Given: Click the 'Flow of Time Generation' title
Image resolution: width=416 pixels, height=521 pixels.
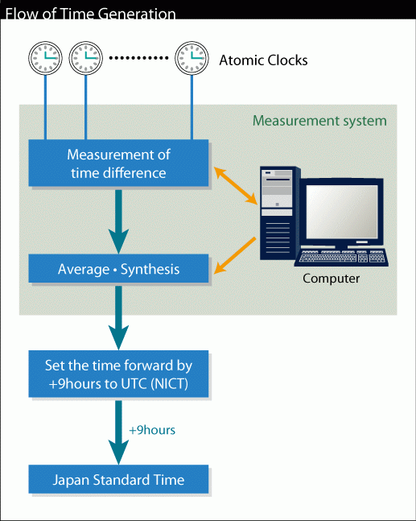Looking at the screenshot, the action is pyautogui.click(x=90, y=14).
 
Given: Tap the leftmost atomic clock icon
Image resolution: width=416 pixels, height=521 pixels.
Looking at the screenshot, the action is pyautogui.click(x=45, y=58).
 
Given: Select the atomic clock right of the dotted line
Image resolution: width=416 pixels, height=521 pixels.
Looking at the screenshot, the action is pyautogui.click(x=192, y=58).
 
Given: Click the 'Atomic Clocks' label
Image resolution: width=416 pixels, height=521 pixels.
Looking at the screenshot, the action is pyautogui.click(x=263, y=60).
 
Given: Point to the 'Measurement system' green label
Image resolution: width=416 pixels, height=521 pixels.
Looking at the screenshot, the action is pyautogui.click(x=319, y=121).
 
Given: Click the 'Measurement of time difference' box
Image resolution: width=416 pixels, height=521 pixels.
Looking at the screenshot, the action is pyautogui.click(x=118, y=163).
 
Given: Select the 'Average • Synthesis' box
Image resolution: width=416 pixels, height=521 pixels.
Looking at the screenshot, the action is pyautogui.click(x=118, y=269).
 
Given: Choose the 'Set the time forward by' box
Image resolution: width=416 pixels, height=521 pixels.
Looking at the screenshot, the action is pyautogui.click(x=118, y=374).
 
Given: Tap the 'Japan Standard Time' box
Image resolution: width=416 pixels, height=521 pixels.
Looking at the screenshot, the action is pyautogui.click(x=118, y=479).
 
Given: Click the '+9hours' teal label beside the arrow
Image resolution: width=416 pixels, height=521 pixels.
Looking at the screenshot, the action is pyautogui.click(x=152, y=430).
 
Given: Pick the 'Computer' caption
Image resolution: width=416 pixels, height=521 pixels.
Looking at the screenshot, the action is pyautogui.click(x=331, y=279).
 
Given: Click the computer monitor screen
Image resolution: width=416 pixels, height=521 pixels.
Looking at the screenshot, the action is pyautogui.click(x=342, y=212).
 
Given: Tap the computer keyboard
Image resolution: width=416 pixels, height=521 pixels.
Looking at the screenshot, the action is pyautogui.click(x=342, y=258).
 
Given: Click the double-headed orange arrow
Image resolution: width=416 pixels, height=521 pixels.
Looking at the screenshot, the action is pyautogui.click(x=236, y=186).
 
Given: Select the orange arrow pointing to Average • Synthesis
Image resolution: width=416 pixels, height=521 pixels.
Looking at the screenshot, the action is pyautogui.click(x=235, y=255).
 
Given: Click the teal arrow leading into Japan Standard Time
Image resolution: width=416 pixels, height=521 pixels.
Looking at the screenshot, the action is pyautogui.click(x=118, y=432).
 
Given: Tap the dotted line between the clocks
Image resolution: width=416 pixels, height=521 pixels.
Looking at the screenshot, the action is pyautogui.click(x=138, y=58).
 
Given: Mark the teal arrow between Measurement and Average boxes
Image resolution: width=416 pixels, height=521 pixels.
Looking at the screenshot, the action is pyautogui.click(x=118, y=221).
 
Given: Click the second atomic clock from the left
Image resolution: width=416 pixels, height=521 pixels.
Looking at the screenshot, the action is pyautogui.click(x=85, y=58).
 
